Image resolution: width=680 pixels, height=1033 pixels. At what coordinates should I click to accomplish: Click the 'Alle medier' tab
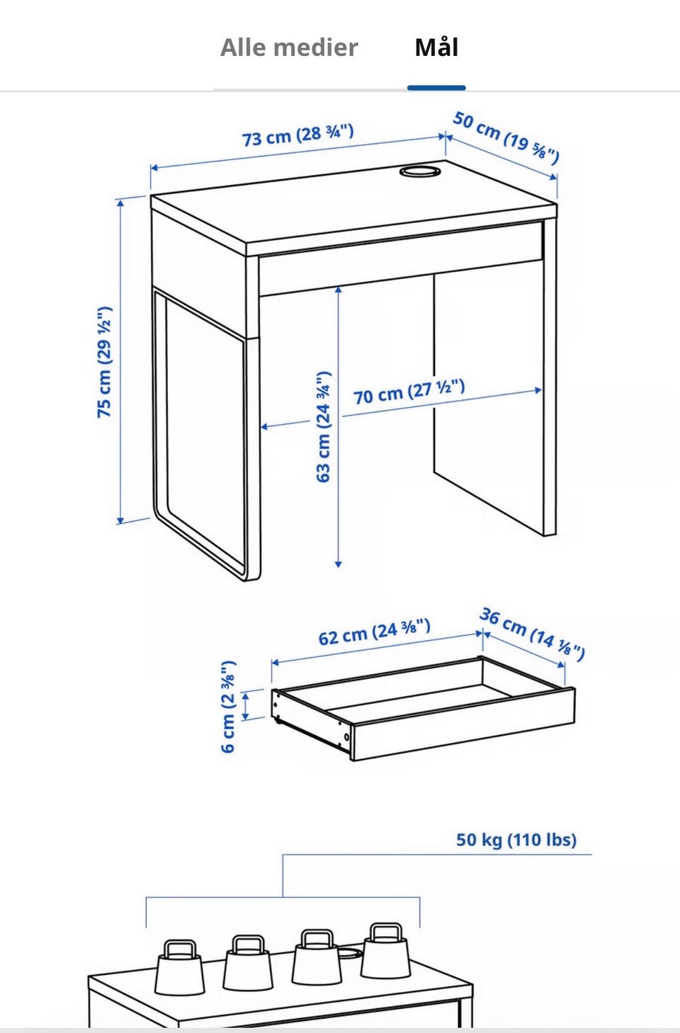pyautogui.click(x=289, y=47)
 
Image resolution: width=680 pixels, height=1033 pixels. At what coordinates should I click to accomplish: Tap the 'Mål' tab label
pyautogui.click(x=436, y=47)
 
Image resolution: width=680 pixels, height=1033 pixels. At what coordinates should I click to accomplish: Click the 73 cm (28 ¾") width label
pyautogui.click(x=298, y=135)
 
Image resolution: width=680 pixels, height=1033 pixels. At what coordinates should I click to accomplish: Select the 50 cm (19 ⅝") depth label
pyautogui.click(x=506, y=137)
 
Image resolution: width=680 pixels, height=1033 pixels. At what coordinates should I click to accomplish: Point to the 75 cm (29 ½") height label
pyautogui.click(x=105, y=362)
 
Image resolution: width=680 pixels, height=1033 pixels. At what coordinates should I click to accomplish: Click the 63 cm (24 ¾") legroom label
pyautogui.click(x=324, y=426)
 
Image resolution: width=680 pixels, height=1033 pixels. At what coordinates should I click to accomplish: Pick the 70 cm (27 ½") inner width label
pyautogui.click(x=409, y=392)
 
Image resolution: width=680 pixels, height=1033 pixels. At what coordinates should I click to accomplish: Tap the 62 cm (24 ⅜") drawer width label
pyautogui.click(x=375, y=632)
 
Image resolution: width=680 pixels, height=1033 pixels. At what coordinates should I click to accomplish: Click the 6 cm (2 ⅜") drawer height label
pyautogui.click(x=228, y=707)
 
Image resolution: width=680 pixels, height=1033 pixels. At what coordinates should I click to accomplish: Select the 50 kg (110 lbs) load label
pyautogui.click(x=516, y=839)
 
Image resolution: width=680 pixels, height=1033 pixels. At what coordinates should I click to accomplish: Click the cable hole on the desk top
pyautogui.click(x=420, y=171)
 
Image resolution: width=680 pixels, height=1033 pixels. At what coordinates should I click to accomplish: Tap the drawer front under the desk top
pyautogui.click(x=400, y=258)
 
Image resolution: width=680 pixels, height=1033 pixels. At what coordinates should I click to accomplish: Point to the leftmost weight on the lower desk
pyautogui.click(x=179, y=967)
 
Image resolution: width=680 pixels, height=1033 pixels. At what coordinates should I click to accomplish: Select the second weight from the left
pyautogui.click(x=248, y=962)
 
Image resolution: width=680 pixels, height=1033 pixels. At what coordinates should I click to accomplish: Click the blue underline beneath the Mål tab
pyautogui.click(x=436, y=88)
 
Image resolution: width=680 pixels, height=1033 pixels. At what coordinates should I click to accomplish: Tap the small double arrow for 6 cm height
pyautogui.click(x=245, y=705)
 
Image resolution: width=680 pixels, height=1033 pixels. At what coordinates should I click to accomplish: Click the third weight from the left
pyautogui.click(x=317, y=957)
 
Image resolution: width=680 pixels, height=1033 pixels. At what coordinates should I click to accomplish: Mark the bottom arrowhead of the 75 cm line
pyautogui.click(x=120, y=521)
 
